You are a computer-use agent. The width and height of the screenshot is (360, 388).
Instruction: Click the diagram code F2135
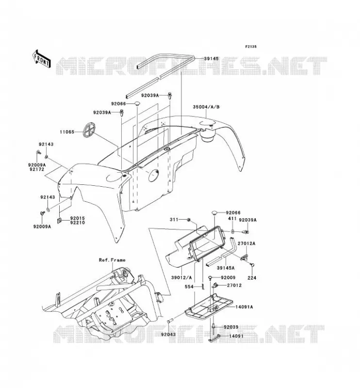251,46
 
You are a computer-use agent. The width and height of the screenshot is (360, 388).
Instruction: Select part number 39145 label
211,59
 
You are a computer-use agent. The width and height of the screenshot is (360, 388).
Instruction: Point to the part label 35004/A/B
206,107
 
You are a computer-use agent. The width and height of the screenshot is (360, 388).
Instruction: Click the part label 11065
66,132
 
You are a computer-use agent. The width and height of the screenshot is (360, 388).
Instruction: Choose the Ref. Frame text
112,260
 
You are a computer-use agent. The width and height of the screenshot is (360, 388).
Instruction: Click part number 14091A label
244,307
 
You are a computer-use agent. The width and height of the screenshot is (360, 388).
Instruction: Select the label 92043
168,335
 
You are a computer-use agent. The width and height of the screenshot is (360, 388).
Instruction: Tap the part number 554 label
189,287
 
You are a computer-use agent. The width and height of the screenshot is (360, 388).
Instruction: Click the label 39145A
226,268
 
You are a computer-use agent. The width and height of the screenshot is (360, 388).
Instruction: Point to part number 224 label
252,278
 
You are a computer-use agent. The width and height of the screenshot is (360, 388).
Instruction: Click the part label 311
174,220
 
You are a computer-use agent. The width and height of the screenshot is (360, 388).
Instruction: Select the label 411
232,219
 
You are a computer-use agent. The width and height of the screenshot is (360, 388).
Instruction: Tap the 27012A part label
246,243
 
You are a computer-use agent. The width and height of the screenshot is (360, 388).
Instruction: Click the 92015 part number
77,218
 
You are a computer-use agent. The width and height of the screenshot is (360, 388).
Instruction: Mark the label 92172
36,169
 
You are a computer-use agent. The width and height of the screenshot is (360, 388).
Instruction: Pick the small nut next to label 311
188,220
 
